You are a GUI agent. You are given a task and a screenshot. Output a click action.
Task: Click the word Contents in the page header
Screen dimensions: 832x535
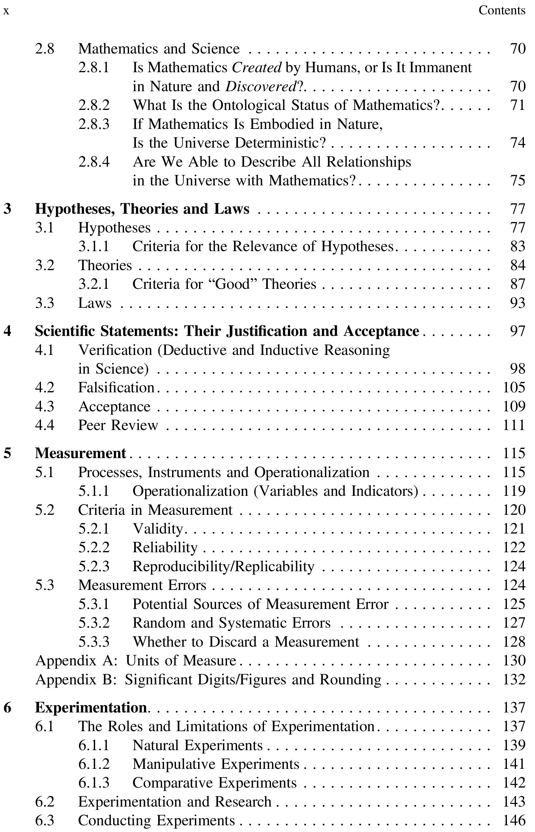(x=502, y=11)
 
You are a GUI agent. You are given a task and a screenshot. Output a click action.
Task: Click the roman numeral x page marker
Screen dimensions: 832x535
(x=6, y=11)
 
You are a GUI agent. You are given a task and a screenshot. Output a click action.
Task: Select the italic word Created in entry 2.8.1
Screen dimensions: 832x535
(x=257, y=68)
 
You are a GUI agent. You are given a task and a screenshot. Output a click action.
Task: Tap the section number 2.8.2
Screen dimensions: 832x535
(x=94, y=105)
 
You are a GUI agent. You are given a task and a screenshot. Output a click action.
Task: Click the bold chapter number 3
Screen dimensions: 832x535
(x=7, y=209)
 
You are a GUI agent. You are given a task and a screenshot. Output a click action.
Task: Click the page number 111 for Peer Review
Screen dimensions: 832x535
(x=514, y=425)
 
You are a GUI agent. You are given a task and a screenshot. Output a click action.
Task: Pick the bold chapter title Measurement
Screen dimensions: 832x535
(x=80, y=453)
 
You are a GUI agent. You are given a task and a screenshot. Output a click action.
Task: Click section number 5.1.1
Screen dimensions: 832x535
(x=94, y=491)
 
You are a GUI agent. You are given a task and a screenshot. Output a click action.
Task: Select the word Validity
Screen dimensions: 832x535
(x=158, y=529)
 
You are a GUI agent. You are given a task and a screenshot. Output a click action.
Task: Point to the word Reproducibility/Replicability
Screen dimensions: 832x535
(x=223, y=567)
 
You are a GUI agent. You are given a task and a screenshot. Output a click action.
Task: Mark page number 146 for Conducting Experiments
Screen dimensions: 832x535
(x=514, y=821)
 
